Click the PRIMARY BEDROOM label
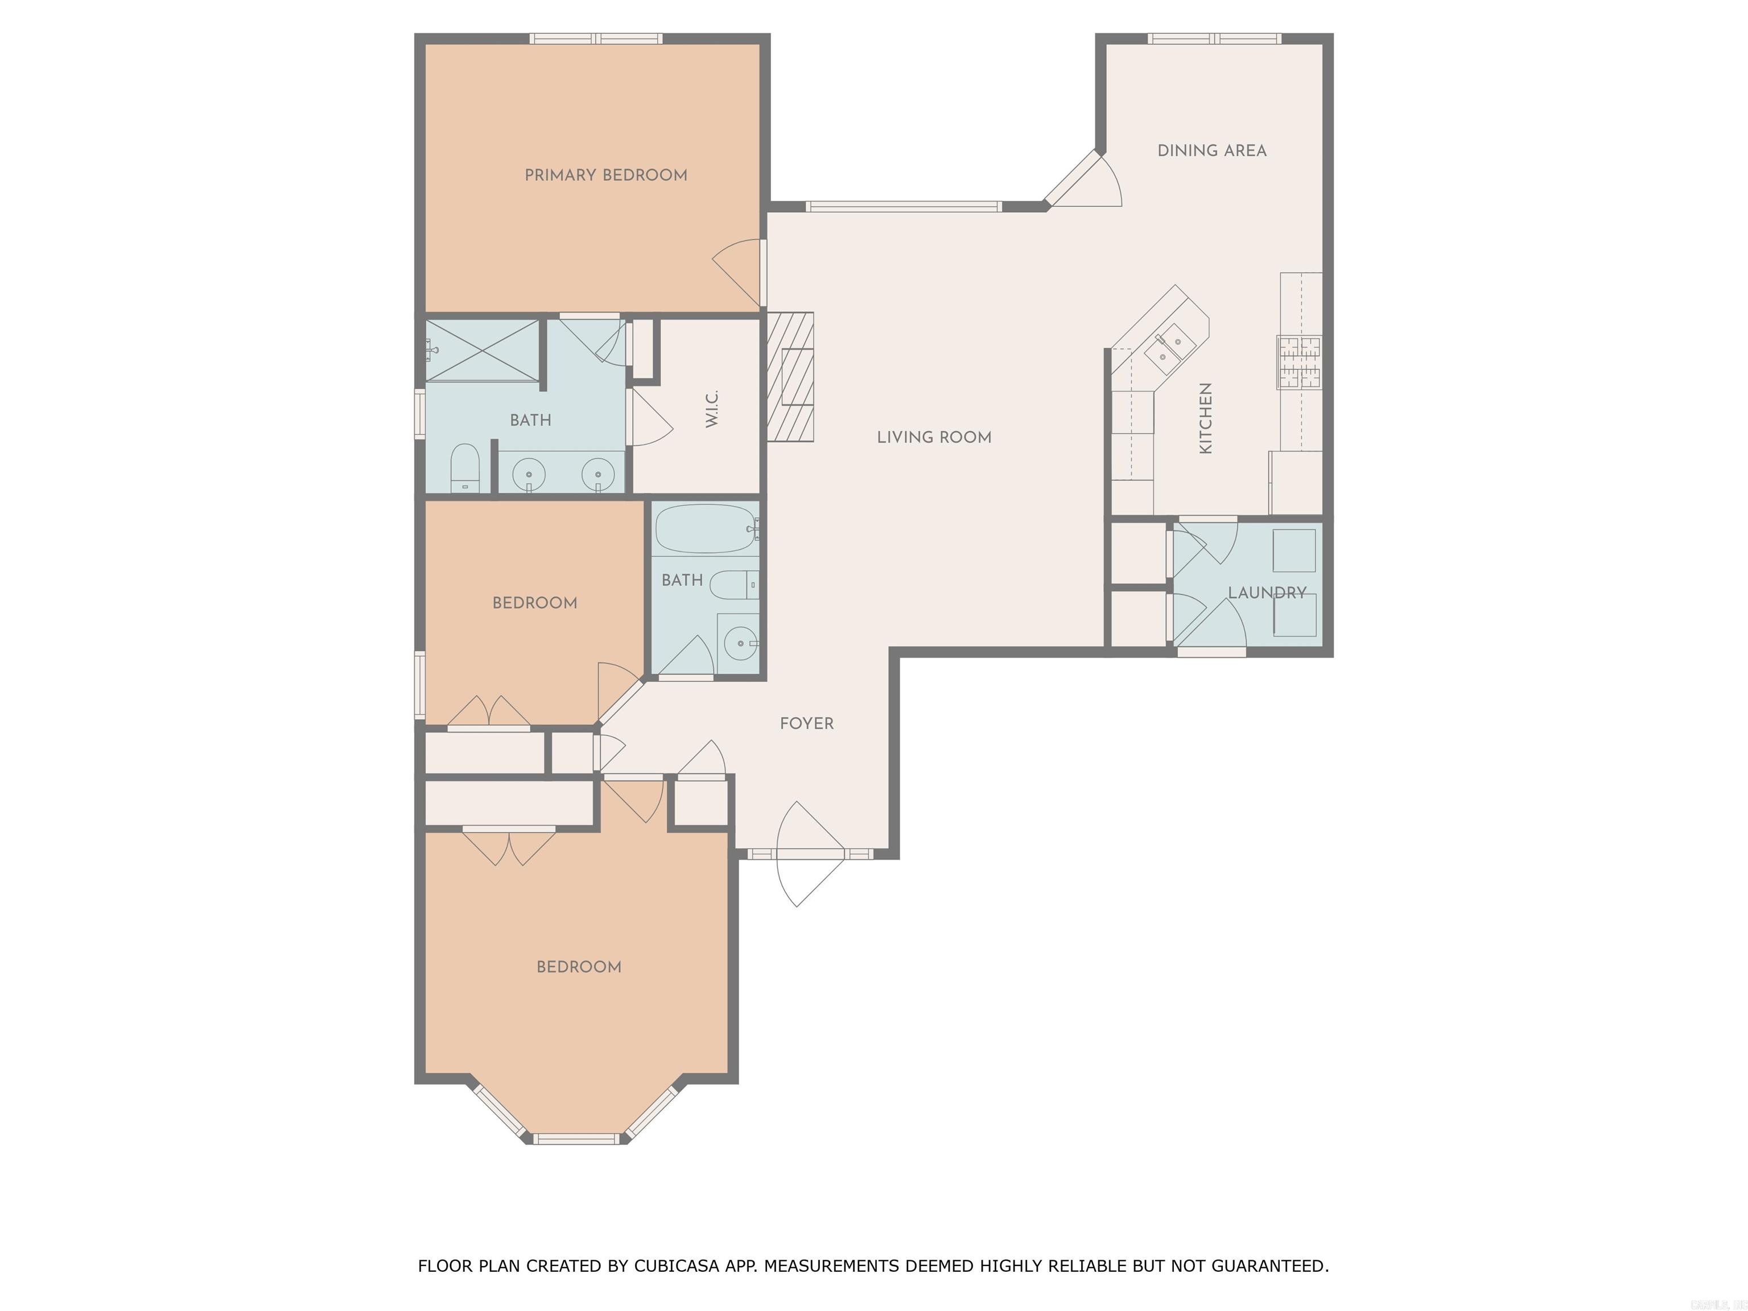pos(605,175)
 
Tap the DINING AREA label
pos(1211,151)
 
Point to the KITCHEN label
pos(1205,418)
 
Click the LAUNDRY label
pos(1266,593)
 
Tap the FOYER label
pos(806,724)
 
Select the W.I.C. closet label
pos(712,409)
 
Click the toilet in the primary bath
pos(465,467)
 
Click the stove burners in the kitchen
pos(1299,362)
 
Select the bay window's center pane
pos(576,1139)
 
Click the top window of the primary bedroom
pos(595,38)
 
